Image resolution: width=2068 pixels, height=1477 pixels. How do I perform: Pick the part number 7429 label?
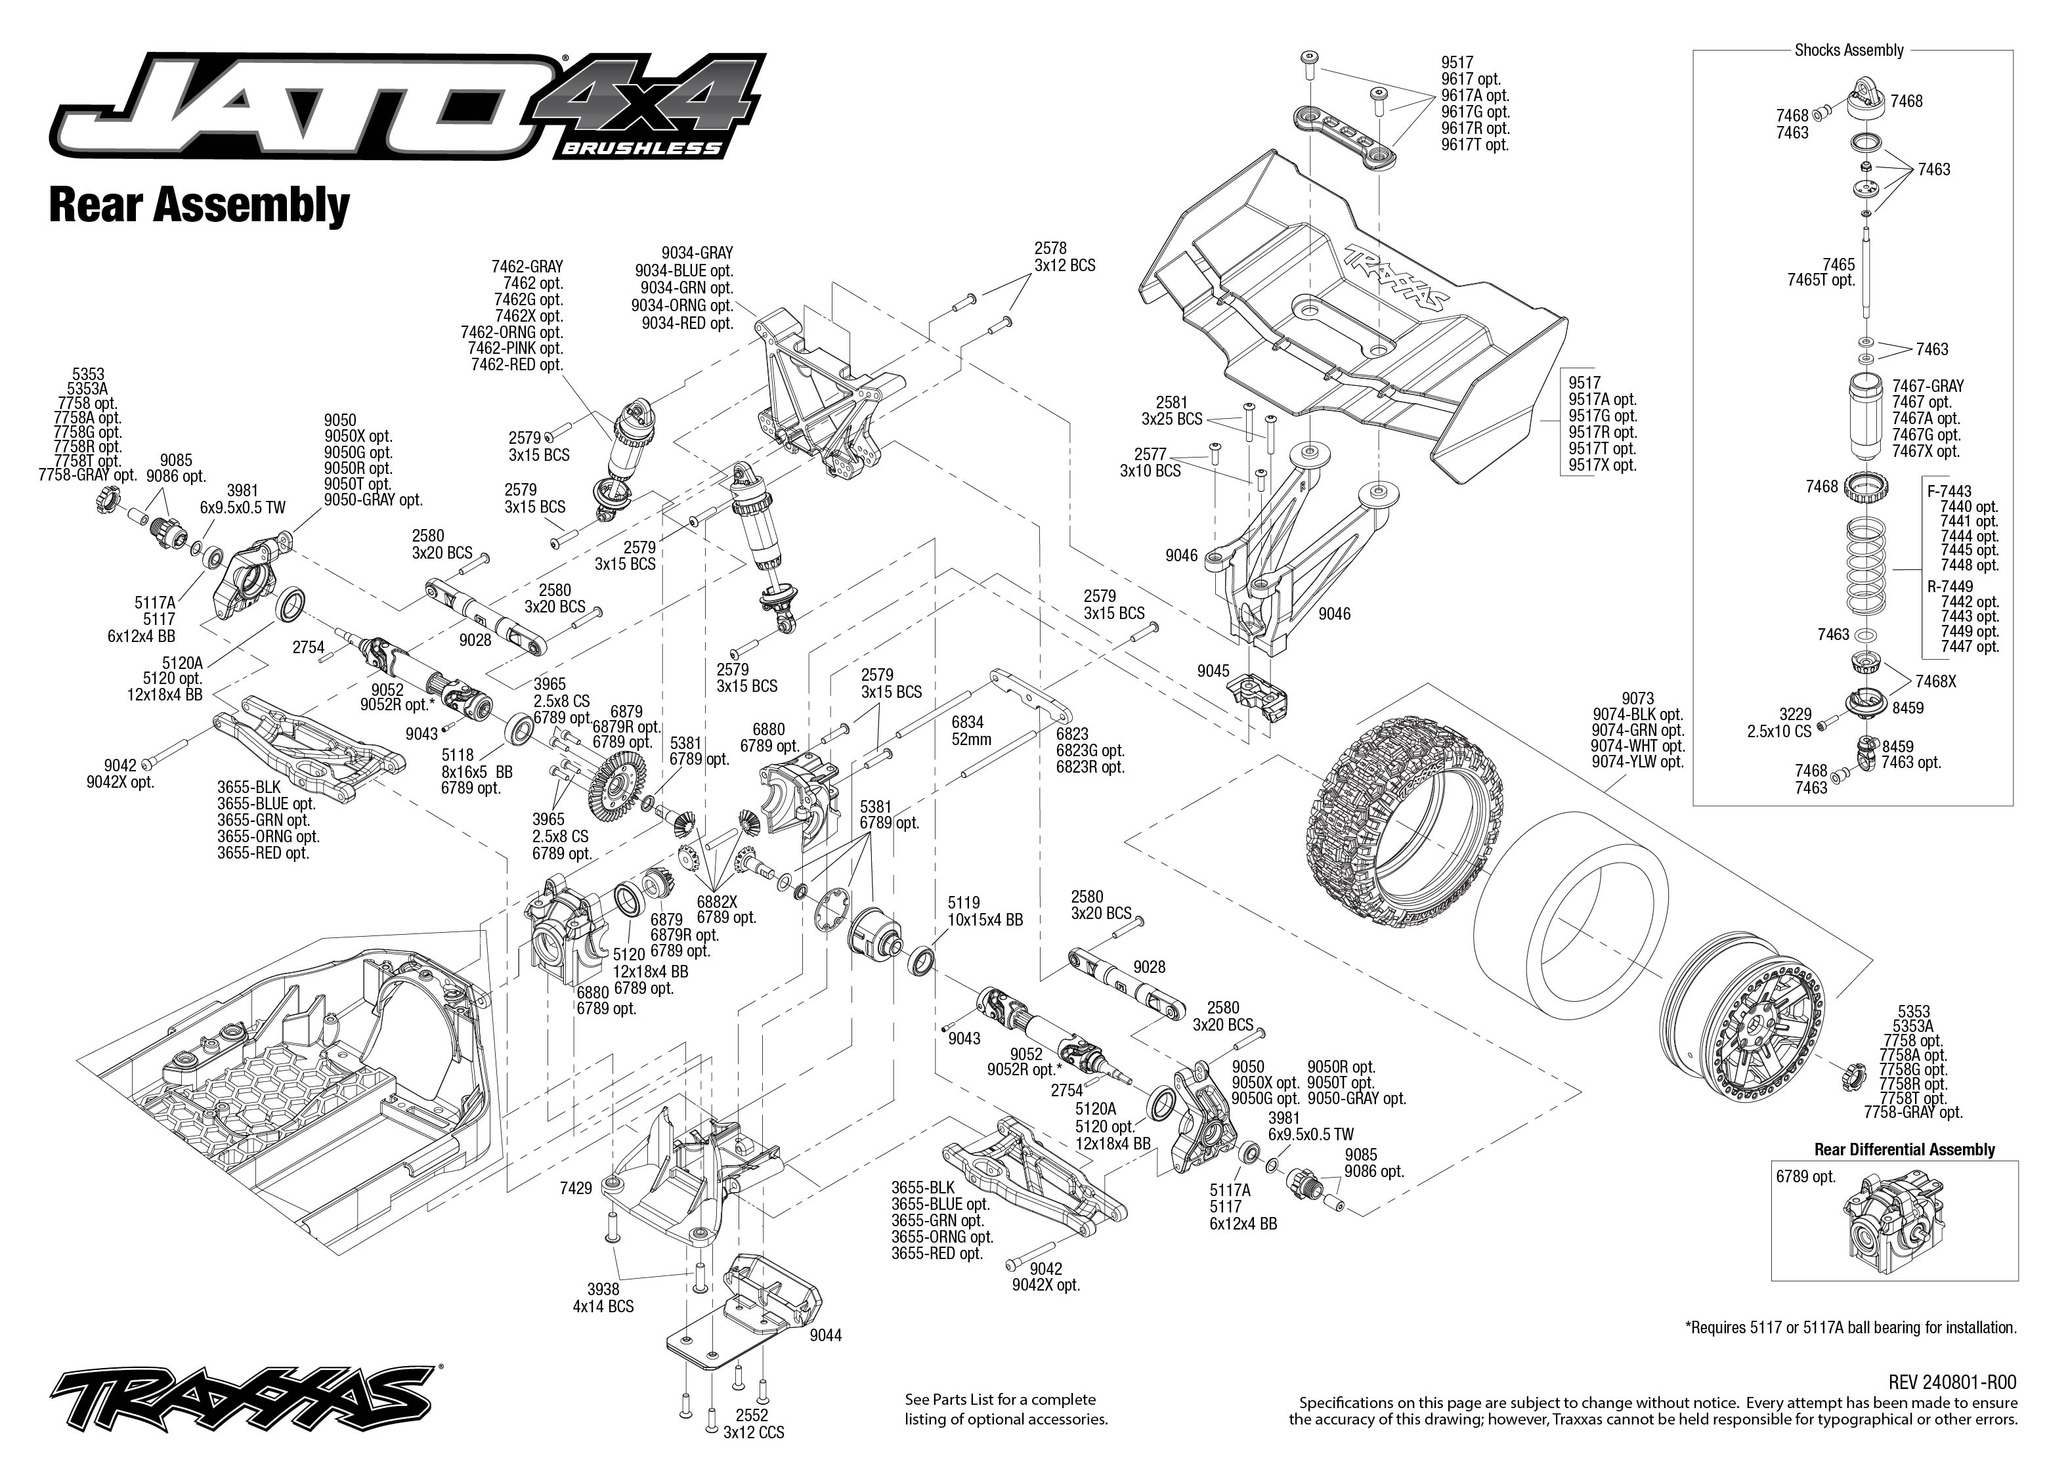click(x=576, y=1188)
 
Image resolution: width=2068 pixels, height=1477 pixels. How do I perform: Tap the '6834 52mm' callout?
click(x=970, y=731)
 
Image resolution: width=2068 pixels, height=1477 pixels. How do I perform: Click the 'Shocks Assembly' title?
click(x=1849, y=50)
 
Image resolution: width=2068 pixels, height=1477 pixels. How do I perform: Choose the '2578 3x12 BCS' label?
click(x=1064, y=257)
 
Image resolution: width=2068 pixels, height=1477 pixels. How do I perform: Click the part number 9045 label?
click(x=1213, y=671)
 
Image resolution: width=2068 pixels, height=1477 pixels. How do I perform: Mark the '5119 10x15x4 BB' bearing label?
click(x=985, y=911)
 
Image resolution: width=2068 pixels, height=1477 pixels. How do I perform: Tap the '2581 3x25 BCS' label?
click(x=1171, y=411)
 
